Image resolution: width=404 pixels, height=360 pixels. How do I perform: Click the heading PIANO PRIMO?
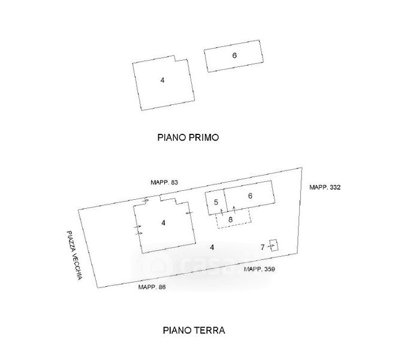click(x=188, y=137)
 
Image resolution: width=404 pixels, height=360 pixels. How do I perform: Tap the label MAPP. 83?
click(x=164, y=182)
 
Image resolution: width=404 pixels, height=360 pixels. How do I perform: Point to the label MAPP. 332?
click(x=325, y=188)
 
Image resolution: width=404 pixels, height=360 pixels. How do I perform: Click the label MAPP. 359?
click(x=260, y=269)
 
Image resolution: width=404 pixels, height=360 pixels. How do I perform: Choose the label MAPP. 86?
click(x=152, y=287)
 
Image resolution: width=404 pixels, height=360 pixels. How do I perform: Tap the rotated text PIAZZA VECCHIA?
click(x=73, y=255)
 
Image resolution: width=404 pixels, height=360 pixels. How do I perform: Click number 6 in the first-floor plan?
click(x=235, y=55)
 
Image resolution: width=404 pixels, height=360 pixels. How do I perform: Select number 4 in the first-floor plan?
click(x=162, y=80)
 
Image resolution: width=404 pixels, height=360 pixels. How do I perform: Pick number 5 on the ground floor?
click(x=215, y=202)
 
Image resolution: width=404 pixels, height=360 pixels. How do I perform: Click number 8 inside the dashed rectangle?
click(x=230, y=220)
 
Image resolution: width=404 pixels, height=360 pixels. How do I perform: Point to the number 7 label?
click(x=262, y=247)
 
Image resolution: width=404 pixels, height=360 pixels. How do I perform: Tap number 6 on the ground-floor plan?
click(x=250, y=196)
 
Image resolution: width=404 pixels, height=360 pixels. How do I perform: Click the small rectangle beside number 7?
click(x=274, y=245)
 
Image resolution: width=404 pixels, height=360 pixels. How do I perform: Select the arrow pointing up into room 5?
click(x=221, y=211)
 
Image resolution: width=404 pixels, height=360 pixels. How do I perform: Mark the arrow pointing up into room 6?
click(x=234, y=210)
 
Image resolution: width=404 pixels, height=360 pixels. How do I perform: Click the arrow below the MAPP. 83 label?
click(x=146, y=201)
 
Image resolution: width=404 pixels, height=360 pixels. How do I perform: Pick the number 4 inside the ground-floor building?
click(x=163, y=223)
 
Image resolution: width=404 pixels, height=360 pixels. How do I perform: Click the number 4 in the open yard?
click(x=212, y=247)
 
